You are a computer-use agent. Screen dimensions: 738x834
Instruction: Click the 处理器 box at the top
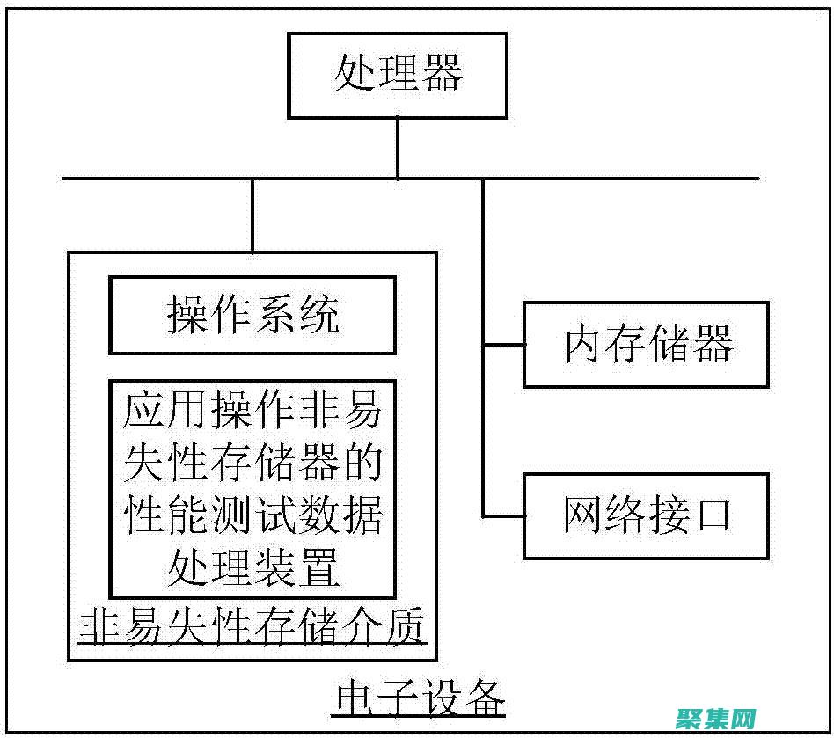[x=397, y=76]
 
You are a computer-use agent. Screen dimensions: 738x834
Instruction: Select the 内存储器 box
[x=646, y=345]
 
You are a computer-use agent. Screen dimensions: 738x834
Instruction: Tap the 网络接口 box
[x=646, y=515]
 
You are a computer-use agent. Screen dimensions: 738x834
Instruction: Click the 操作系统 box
[x=252, y=315]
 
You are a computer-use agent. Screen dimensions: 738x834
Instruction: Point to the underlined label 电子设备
[x=421, y=700]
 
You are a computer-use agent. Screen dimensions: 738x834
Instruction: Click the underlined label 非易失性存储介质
[x=252, y=628]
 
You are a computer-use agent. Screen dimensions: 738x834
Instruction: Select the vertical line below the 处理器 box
[x=397, y=148]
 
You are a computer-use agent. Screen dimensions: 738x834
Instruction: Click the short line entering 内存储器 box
[x=503, y=345]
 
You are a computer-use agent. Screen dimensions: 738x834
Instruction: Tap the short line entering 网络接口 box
[x=503, y=515]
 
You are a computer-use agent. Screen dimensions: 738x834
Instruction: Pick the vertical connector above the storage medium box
[x=252, y=216]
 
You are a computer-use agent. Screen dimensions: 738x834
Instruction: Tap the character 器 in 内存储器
[x=711, y=345]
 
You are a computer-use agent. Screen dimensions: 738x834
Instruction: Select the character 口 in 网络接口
[x=711, y=515]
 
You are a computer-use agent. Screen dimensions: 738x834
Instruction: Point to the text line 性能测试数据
[x=252, y=516]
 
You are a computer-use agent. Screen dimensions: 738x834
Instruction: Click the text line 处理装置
[x=252, y=567]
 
